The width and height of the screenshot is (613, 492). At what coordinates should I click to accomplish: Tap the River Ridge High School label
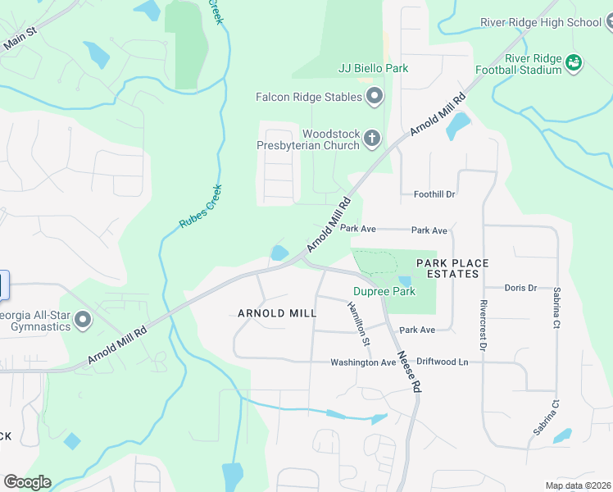pyautogui.click(x=552, y=22)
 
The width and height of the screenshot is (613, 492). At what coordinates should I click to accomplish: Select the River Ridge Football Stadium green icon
pyautogui.click(x=574, y=62)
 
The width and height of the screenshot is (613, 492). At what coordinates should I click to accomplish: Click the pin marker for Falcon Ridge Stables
pyautogui.click(x=375, y=97)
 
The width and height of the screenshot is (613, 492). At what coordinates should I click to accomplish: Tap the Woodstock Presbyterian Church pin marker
pyautogui.click(x=372, y=138)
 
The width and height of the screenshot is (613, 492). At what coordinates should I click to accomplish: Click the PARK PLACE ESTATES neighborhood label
pyautogui.click(x=452, y=268)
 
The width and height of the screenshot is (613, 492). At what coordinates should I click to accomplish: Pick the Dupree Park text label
pyautogui.click(x=384, y=291)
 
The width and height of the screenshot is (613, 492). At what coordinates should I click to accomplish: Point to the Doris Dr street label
pyautogui.click(x=520, y=288)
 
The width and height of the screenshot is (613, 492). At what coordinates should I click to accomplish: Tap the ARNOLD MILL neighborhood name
pyautogui.click(x=277, y=313)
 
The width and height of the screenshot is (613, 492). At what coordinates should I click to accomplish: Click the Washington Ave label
pyautogui.click(x=363, y=362)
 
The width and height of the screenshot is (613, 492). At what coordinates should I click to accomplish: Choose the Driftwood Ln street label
pyautogui.click(x=442, y=362)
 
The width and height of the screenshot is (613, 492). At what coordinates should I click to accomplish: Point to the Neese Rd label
pyautogui.click(x=408, y=372)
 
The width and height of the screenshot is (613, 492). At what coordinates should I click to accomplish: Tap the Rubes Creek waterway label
pyautogui.click(x=201, y=206)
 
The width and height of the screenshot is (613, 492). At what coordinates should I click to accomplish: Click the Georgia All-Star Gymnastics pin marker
pyautogui.click(x=82, y=320)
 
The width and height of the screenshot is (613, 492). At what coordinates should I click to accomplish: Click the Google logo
pyautogui.click(x=27, y=482)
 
